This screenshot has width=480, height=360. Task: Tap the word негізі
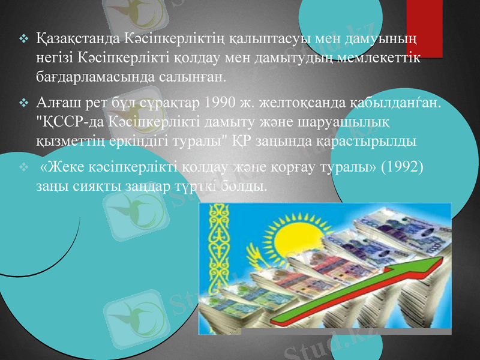(50, 58)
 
